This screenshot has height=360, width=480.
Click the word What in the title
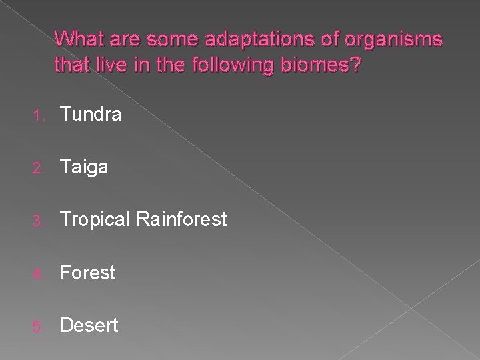click(78, 40)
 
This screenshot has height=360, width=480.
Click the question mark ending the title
click(355, 66)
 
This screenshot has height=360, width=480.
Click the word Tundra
click(91, 115)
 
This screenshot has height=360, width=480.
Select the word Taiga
click(84, 167)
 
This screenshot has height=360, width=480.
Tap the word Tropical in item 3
click(95, 219)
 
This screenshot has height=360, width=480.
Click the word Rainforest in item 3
click(181, 219)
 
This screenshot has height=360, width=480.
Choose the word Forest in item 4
click(87, 273)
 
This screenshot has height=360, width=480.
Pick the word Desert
click(89, 325)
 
